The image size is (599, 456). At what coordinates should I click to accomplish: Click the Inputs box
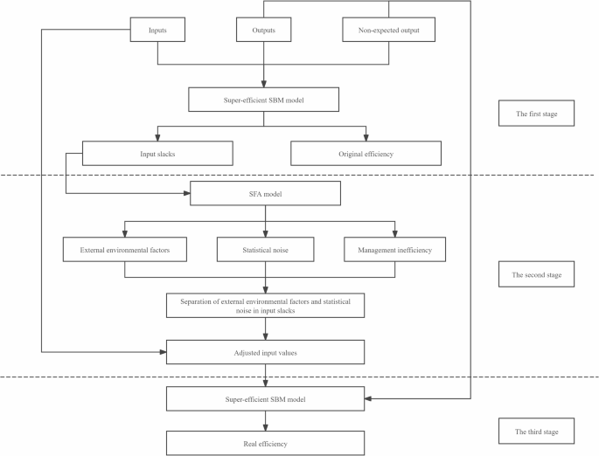[x=157, y=31]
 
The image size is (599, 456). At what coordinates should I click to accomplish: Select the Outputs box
[x=263, y=31]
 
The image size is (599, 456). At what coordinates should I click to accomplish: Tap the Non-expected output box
[x=387, y=31]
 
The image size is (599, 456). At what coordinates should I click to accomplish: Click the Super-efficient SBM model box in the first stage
[x=263, y=100]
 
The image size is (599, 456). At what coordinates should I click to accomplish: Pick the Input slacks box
[x=157, y=153]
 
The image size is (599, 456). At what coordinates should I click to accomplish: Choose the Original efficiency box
[x=366, y=153]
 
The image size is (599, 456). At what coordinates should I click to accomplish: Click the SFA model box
[x=263, y=193]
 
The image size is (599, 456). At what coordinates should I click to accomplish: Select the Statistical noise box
[x=263, y=249]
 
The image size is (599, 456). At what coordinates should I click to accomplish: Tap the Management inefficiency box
[x=395, y=249]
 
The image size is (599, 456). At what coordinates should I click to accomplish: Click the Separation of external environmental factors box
[x=263, y=305]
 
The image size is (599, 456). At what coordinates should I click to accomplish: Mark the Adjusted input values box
[x=263, y=352]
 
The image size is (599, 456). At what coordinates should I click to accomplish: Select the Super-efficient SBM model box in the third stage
[x=263, y=398]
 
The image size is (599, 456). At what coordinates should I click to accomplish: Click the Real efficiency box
[x=263, y=444]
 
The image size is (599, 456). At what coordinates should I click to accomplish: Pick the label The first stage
[x=537, y=114]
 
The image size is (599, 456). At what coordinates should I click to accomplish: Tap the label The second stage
[x=537, y=274]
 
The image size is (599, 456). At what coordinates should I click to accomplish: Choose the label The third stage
[x=537, y=431]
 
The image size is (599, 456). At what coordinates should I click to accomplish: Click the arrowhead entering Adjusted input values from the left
[x=162, y=352]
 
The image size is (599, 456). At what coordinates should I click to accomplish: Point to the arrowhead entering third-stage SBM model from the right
[x=367, y=398]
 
